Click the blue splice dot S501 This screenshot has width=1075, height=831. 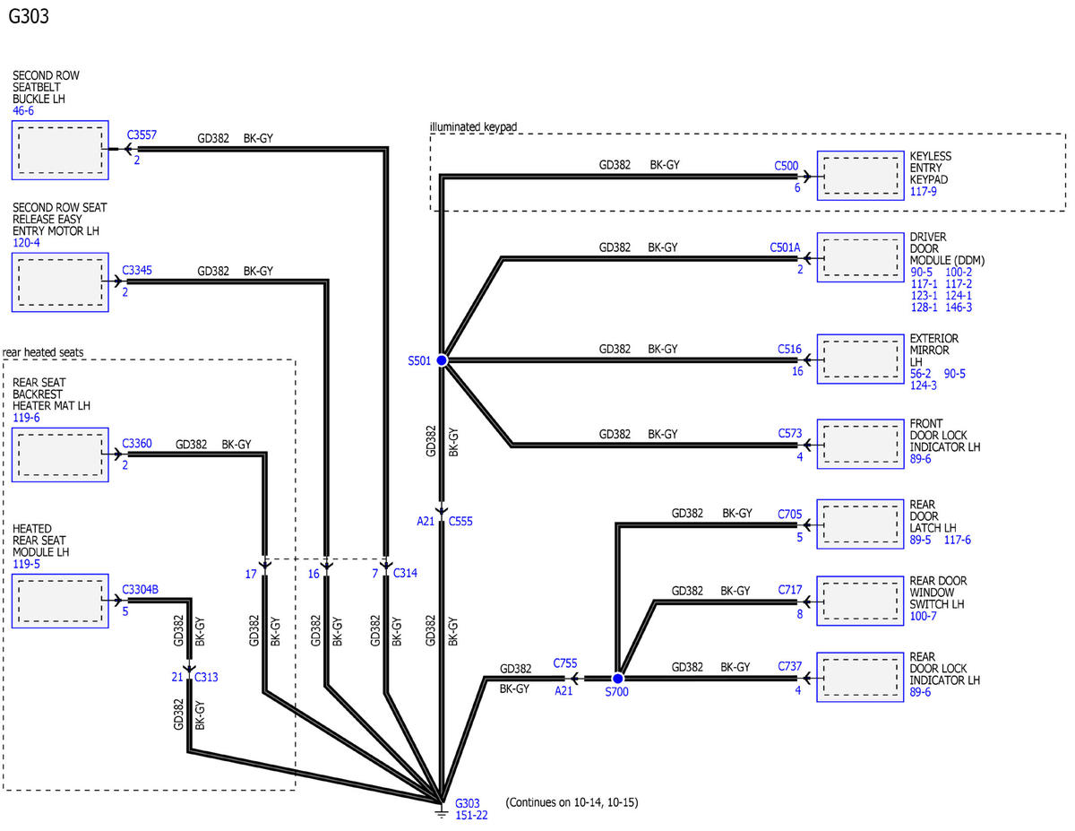[442, 360]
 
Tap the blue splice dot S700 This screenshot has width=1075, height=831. [617, 678]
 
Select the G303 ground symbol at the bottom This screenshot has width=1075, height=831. [442, 813]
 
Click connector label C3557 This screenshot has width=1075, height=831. [142, 135]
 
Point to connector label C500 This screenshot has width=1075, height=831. [786, 166]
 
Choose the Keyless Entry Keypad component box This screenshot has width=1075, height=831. [860, 176]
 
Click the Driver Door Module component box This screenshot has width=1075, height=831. [860, 257]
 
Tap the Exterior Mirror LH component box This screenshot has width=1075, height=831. [860, 359]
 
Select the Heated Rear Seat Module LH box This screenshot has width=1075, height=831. [60, 601]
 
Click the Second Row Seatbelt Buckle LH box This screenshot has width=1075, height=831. [60, 150]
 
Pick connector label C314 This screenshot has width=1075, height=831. [405, 573]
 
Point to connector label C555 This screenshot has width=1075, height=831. [460, 521]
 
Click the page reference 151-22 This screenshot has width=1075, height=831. [471, 815]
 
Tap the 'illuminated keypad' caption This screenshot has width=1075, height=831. [473, 126]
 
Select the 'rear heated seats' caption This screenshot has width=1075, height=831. [43, 352]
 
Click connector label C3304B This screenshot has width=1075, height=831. [140, 590]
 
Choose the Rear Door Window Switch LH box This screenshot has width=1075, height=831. [860, 601]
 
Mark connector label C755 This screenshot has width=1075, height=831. [565, 663]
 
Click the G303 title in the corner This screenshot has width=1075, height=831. [29, 16]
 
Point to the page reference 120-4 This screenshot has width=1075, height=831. [26, 243]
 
